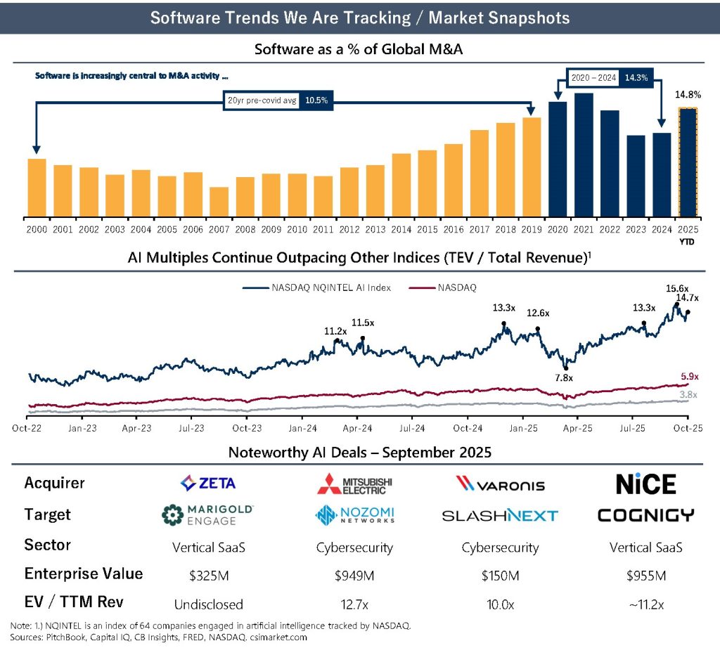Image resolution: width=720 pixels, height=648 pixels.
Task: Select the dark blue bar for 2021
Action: (584, 155)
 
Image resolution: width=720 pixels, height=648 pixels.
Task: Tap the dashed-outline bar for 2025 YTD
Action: (687, 162)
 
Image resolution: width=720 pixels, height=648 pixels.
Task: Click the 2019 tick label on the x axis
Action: (532, 228)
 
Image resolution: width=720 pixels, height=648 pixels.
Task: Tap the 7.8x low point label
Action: (564, 378)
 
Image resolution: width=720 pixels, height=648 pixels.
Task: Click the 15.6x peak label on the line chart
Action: (678, 288)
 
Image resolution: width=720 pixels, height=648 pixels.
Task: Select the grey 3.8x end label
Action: (688, 395)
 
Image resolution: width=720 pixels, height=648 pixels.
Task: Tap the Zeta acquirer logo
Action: (208, 484)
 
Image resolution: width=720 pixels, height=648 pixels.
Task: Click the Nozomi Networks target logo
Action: (354, 515)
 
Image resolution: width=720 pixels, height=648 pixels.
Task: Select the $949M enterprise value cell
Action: (354, 576)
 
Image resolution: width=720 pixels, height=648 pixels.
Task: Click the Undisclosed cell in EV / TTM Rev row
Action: (208, 604)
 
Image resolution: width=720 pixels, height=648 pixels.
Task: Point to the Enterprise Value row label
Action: (84, 574)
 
